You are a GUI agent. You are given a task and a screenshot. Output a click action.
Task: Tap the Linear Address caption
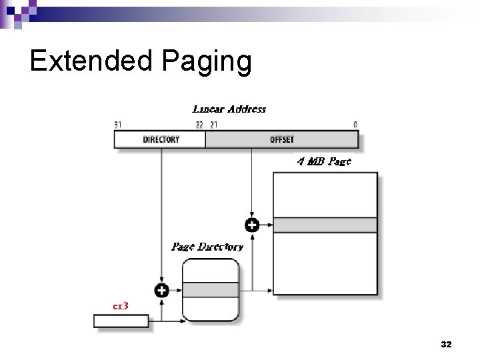(x=229, y=109)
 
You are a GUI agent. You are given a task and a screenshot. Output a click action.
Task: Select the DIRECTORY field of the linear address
(x=161, y=139)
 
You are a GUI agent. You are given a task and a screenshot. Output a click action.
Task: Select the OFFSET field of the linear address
(x=281, y=139)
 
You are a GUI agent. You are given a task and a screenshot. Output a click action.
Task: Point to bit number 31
(x=118, y=125)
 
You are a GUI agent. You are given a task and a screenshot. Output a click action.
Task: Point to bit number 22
(x=199, y=125)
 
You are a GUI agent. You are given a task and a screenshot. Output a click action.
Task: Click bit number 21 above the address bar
(x=213, y=125)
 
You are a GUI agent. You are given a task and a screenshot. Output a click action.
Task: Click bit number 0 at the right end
(x=355, y=125)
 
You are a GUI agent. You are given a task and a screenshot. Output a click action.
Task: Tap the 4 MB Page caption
(x=323, y=161)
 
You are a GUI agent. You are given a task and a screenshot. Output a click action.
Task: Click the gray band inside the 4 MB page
(x=325, y=225)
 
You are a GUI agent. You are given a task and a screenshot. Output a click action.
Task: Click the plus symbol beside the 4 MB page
(x=252, y=225)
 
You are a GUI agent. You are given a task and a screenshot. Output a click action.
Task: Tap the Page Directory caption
(x=207, y=247)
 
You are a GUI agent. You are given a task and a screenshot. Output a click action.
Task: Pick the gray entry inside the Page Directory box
(x=211, y=290)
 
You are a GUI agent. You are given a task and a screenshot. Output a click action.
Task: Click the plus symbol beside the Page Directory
(x=161, y=290)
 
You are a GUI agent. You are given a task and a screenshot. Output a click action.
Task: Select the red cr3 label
(x=120, y=306)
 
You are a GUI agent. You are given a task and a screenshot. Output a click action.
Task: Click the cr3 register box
(x=121, y=321)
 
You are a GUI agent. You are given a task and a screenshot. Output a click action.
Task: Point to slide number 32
(x=446, y=345)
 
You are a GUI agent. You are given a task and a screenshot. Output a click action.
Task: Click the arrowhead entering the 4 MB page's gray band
(x=270, y=225)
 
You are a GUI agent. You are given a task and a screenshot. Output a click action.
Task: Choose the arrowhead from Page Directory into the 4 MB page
(x=270, y=290)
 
